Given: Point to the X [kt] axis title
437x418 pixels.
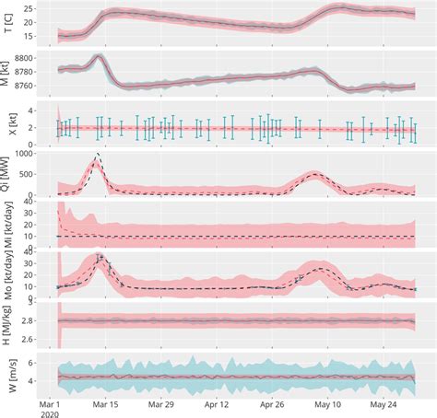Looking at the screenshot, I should pyautogui.click(x=9, y=124).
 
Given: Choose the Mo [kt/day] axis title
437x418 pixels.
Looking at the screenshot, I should pyautogui.click(x=9, y=275).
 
